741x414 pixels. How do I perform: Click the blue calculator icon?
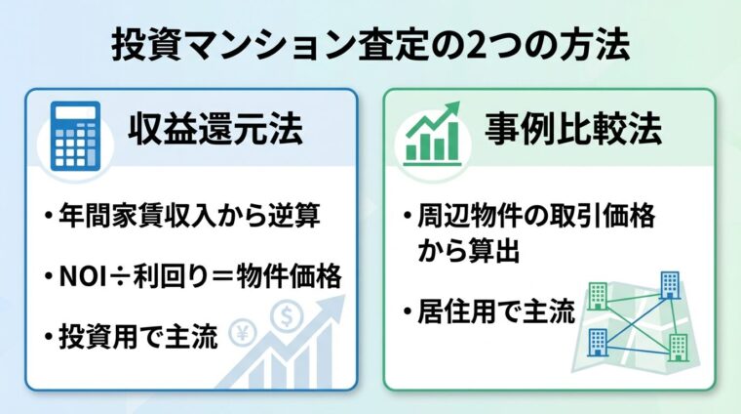click(78, 134)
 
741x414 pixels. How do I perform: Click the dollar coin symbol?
click(288, 318)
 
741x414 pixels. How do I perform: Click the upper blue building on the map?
click(669, 284)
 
